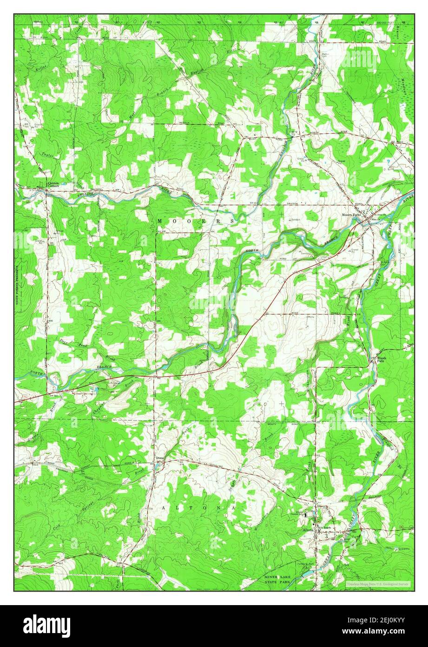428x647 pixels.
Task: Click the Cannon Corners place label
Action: pos(54,184)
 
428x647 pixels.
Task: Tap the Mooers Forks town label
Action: pos(351,215)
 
